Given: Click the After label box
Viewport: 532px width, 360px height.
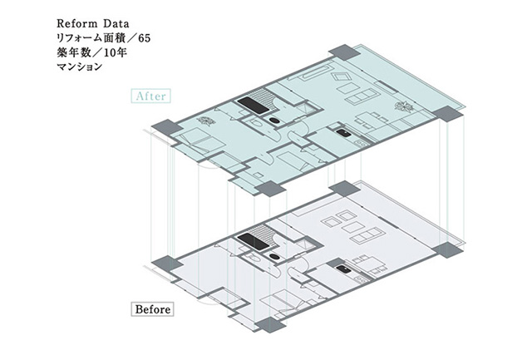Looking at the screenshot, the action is click(x=150, y=96).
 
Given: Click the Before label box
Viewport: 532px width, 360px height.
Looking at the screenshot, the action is click(x=152, y=309).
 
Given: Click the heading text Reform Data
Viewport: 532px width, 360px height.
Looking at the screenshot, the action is click(x=92, y=23).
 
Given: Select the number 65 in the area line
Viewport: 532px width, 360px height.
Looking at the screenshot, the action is click(x=144, y=38).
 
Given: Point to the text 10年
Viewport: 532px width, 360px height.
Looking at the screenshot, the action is click(x=116, y=53).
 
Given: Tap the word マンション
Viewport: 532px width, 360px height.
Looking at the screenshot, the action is click(x=80, y=67).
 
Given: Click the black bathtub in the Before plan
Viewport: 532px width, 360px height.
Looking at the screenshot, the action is click(x=253, y=242).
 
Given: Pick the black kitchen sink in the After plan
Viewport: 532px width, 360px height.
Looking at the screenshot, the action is click(x=343, y=132).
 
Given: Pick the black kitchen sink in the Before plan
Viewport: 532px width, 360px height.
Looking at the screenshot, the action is click(x=343, y=269).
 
